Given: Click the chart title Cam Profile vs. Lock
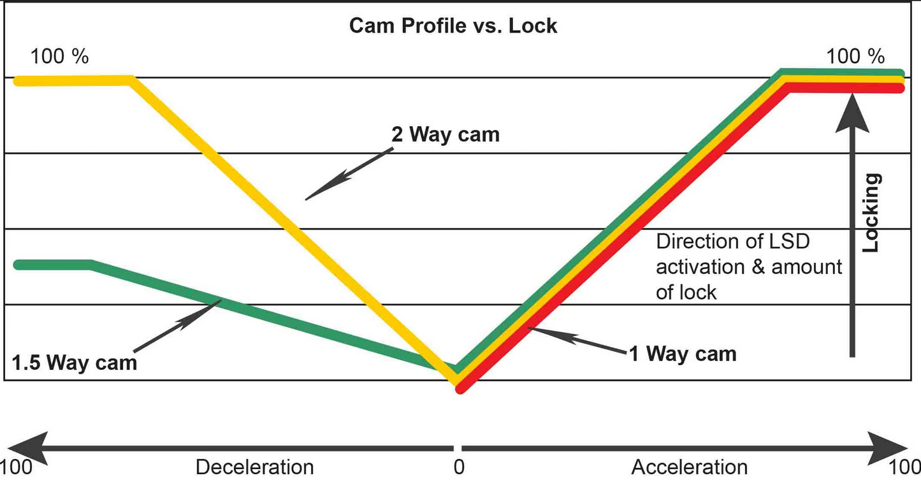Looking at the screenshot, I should pos(453,26).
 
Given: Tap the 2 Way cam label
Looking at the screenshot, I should pos(446,135).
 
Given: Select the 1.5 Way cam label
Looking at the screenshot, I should pos(75,362).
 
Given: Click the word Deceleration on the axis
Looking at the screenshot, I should pos(254,467).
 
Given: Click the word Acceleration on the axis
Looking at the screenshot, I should pos(689,467).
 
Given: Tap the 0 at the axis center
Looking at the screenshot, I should pos(458,467).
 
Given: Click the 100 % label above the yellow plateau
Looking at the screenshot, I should pos(60,57).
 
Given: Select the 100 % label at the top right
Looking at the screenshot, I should pos(855,57).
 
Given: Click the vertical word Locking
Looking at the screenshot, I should pos(872,212).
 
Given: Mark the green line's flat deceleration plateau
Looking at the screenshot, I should pos(54,265).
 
